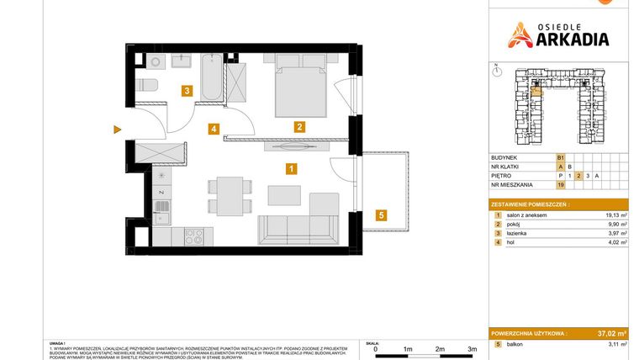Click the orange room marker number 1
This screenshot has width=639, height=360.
[x=290, y=168]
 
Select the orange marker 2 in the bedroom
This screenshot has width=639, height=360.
[x=298, y=127]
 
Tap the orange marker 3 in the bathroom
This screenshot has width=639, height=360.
[x=188, y=90]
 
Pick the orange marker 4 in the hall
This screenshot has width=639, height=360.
[x=215, y=129]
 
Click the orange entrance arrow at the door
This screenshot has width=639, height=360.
[x=117, y=129]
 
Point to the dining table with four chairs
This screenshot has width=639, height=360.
[x=227, y=196]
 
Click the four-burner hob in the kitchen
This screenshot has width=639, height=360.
[x=193, y=238]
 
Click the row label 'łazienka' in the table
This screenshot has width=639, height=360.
[x=516, y=235]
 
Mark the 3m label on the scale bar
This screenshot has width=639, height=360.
[x=472, y=347]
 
